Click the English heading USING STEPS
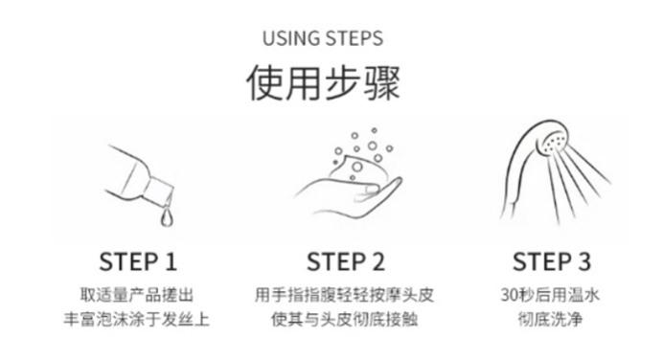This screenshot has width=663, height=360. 323,38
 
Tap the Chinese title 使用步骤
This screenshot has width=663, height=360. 323,82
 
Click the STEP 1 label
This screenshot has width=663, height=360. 138,261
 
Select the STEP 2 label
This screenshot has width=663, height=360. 346,261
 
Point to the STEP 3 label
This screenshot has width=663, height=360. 551,261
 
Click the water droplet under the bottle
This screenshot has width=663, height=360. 167,217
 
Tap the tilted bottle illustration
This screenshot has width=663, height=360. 140,177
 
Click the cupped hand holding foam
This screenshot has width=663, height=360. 349,195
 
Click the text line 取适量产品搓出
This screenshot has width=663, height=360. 137,295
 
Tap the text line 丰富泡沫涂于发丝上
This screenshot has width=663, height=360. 137,319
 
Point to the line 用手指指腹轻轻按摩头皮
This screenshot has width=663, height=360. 345,295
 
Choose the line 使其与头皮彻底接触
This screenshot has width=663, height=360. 345,319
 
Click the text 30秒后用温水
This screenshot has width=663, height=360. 550,295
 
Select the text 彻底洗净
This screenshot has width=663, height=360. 550,319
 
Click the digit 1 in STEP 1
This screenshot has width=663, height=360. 171,261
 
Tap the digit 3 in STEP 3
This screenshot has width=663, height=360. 584,261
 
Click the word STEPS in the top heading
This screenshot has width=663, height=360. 354,38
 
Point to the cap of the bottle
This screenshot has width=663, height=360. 159,188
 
